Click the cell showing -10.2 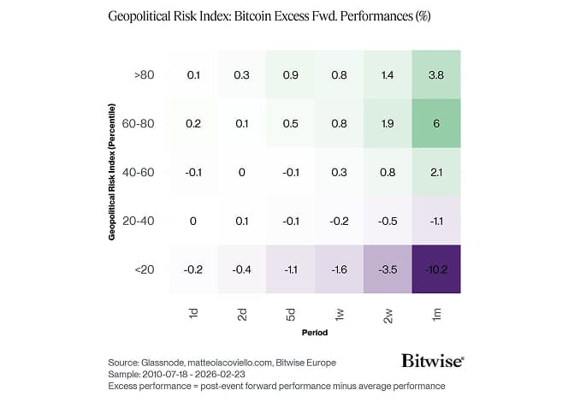[436, 269]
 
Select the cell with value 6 [436, 123]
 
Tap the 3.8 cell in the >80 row [436, 75]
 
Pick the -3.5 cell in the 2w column [388, 269]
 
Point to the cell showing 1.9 [388, 123]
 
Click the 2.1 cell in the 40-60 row [436, 172]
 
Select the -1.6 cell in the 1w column [339, 269]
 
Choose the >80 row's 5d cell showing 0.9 [290, 75]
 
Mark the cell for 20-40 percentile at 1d [192, 221]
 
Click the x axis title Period [314, 331]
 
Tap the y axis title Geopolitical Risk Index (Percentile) [112, 172]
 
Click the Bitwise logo [432, 361]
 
